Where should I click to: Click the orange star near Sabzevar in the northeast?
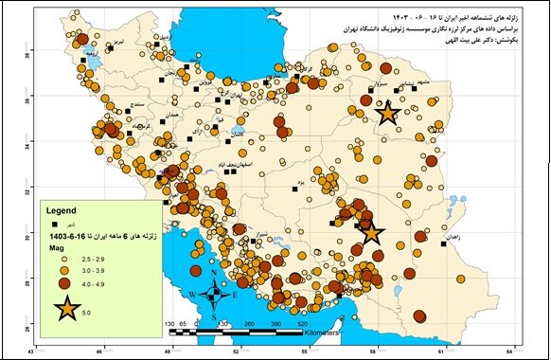(386, 113)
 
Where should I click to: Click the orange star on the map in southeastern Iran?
(370, 231)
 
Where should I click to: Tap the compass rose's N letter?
(215, 276)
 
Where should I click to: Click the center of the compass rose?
(215, 296)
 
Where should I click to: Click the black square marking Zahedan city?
(444, 243)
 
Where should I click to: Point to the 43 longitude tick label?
(33, 352)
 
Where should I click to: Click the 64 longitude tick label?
(516, 352)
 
